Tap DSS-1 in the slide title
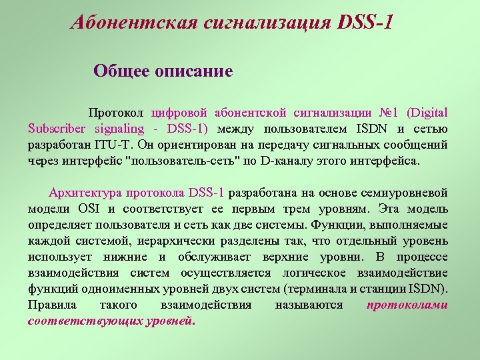pos(365,23)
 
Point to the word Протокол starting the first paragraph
pos(115,113)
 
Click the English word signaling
pos(119,129)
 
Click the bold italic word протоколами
pos(407,305)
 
